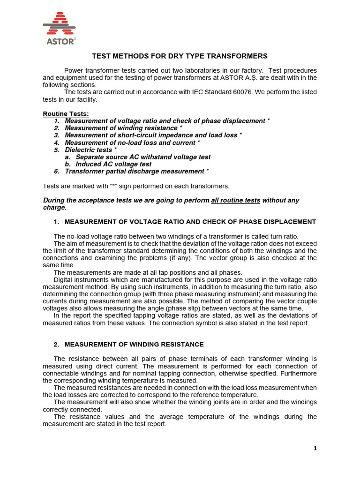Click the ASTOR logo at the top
point(59,29)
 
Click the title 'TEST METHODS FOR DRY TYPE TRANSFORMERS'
point(180,56)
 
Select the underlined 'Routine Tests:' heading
point(65,113)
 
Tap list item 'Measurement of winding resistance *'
point(123,128)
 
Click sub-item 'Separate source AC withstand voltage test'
point(143,157)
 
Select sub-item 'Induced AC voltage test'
point(113,164)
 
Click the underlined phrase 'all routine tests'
point(235,200)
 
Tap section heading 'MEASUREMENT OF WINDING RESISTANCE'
point(134,345)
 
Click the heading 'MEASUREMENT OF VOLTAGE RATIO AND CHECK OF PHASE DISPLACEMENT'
point(190,222)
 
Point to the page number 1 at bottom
point(315,448)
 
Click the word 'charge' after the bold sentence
point(54,207)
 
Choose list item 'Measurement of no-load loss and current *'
point(132,142)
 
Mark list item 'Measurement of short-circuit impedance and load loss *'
point(153,135)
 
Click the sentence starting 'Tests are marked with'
point(136,186)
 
